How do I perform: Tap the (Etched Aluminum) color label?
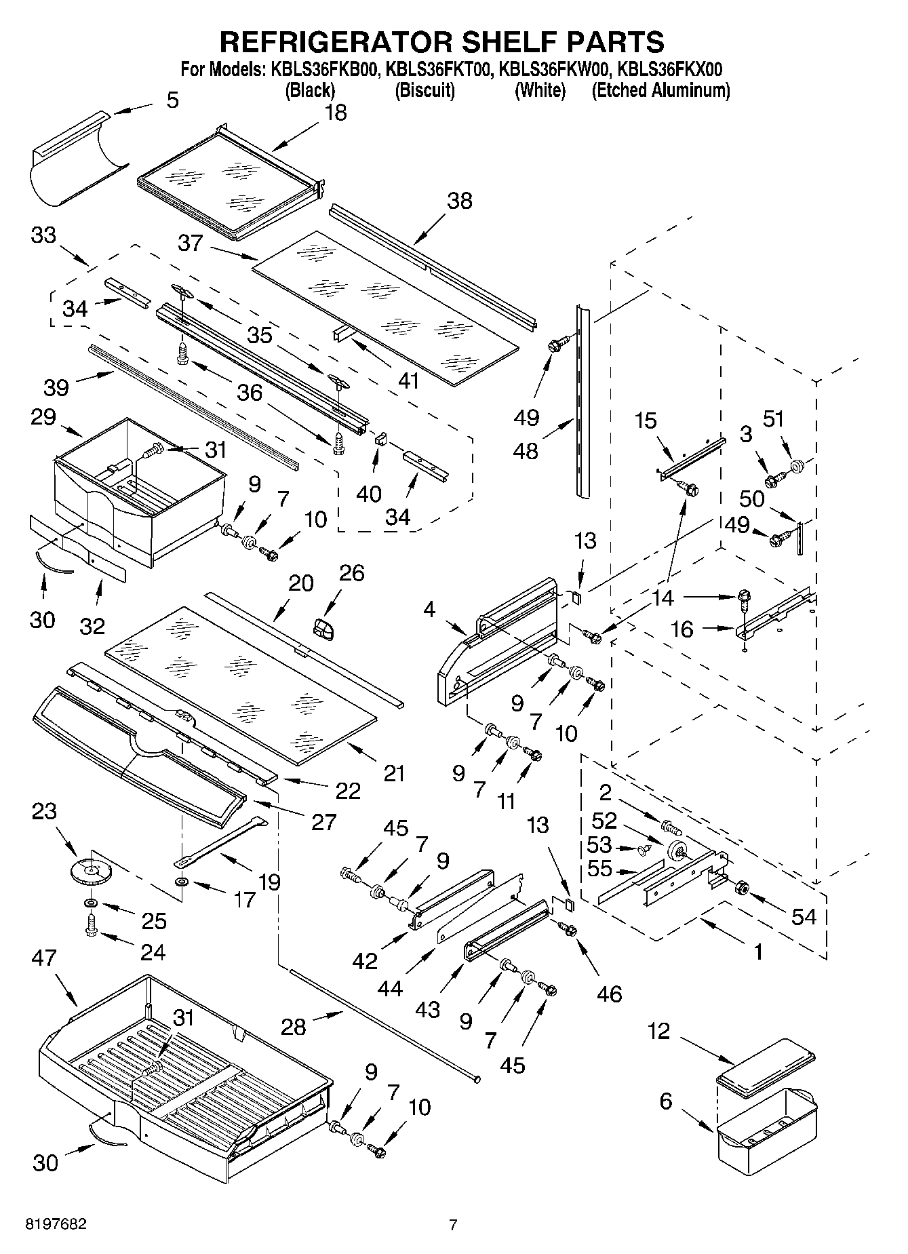[x=660, y=90]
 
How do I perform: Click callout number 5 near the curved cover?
[x=173, y=100]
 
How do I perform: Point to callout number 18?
[x=336, y=113]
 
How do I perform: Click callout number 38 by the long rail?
[x=459, y=201]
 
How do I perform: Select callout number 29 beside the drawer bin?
[x=43, y=416]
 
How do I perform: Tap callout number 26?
[x=352, y=573]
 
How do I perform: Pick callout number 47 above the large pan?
[x=45, y=958]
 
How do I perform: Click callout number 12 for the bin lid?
[x=658, y=1032]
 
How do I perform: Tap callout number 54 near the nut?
[x=804, y=917]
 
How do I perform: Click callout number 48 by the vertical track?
[x=526, y=451]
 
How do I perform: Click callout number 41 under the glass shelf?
[x=408, y=380]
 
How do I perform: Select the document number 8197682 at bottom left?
[x=56, y=1225]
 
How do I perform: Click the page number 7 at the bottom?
[x=453, y=1225]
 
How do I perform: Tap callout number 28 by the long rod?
[x=294, y=1027]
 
